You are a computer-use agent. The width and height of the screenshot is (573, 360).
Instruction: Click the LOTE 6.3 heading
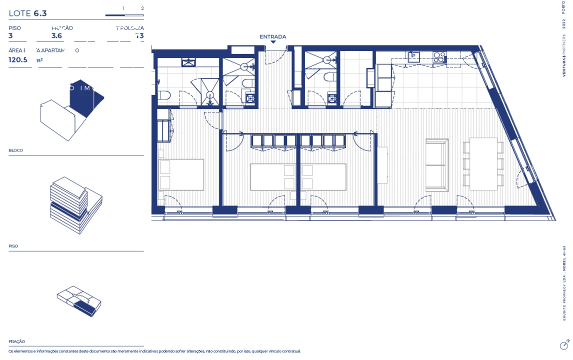(27, 13)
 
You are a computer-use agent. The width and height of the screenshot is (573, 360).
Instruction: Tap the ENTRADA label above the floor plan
(272, 36)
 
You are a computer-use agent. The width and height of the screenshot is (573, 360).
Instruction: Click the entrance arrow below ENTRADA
(273, 42)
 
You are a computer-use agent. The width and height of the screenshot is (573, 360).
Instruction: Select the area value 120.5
(18, 59)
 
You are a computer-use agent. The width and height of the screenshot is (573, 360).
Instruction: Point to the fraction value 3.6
(57, 36)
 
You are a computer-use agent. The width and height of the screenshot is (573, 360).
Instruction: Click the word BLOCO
(16, 150)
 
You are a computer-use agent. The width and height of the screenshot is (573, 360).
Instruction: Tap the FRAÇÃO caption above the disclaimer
(17, 341)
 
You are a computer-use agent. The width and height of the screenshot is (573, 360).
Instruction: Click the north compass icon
(564, 345)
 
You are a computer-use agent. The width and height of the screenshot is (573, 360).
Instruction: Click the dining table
(483, 163)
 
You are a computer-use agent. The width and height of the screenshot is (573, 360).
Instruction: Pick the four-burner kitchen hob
(439, 57)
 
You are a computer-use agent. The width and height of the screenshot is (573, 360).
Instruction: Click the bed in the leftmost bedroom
(181, 174)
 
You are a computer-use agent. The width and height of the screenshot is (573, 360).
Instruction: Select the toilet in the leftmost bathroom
(164, 95)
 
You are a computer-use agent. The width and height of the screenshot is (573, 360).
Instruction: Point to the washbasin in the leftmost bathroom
(188, 62)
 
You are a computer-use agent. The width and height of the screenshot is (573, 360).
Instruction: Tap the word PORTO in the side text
(564, 7)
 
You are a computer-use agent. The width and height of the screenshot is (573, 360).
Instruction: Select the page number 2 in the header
(142, 8)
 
